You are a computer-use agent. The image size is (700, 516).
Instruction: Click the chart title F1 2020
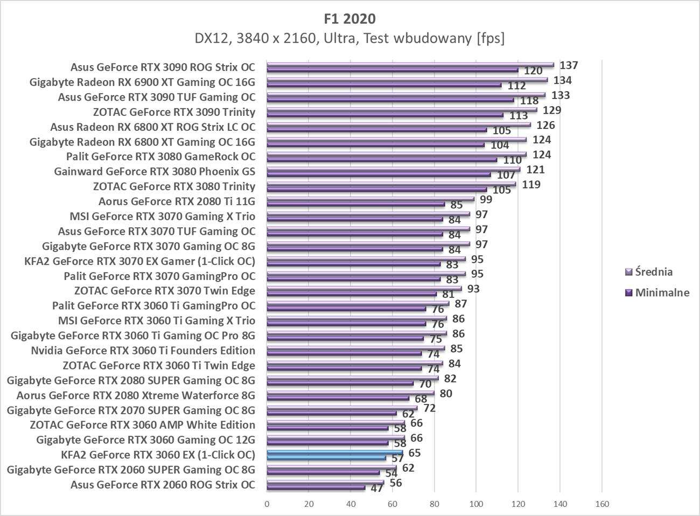(x=349, y=19)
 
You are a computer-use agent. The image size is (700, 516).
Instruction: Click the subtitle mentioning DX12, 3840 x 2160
(x=349, y=39)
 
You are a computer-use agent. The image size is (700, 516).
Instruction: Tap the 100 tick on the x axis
(x=476, y=504)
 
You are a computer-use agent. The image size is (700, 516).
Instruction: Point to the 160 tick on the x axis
(x=601, y=504)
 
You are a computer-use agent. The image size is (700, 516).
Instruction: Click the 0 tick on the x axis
(x=267, y=504)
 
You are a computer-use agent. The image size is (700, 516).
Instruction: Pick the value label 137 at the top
(x=569, y=66)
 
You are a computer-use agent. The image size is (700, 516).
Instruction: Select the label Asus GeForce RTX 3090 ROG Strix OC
(x=163, y=67)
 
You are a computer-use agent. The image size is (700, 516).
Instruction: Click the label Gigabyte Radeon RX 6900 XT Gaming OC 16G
(x=142, y=82)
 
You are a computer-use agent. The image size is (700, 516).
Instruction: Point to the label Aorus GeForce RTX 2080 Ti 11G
(x=177, y=201)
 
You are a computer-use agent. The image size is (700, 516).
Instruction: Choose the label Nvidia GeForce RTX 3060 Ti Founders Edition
(x=143, y=350)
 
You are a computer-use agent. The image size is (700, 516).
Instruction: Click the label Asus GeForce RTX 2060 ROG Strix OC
(x=163, y=484)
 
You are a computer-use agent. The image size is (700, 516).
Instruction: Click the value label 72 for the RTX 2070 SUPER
(x=429, y=408)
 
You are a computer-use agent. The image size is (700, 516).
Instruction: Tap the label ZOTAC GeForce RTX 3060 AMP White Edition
(x=142, y=424)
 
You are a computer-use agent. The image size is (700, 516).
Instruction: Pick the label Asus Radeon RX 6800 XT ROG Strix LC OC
(x=152, y=127)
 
